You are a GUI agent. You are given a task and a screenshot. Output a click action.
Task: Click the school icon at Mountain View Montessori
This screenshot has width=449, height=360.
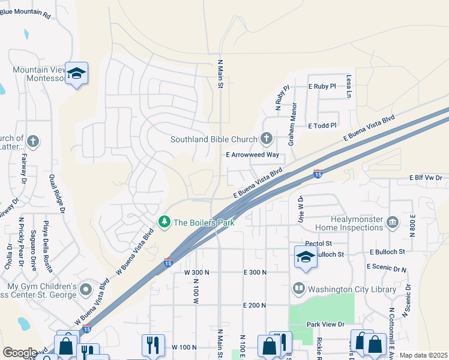coord(76,73)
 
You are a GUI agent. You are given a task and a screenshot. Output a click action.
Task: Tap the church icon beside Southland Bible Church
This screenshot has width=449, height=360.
coord(267,139)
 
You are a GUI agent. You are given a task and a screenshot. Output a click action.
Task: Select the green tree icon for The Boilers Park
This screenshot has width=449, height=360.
coord(164,223)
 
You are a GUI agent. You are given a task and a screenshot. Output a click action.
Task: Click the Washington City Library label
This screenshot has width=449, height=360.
coord(352,289)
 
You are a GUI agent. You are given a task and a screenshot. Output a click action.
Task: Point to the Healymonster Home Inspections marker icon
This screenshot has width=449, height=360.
coord(393,223)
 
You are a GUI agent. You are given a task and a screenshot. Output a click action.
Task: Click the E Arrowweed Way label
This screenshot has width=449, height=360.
coord(253,155)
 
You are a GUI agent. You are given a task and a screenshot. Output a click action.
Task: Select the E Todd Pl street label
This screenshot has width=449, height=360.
coord(323,126)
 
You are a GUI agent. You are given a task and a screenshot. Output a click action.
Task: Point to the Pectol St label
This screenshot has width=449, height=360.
coord(318,244)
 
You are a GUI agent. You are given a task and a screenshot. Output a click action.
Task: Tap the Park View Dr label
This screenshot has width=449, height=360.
coord(324,325)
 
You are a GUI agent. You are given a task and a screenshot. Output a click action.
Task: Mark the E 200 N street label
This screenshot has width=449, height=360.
coord(255,305)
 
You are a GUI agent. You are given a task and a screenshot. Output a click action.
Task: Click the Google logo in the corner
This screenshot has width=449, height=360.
coord(20,353)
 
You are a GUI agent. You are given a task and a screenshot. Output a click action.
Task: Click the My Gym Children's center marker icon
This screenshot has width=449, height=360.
coord(85,290)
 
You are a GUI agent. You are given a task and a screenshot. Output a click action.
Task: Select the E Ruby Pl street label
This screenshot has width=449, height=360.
coord(323,86)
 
